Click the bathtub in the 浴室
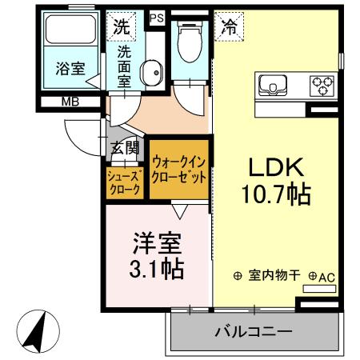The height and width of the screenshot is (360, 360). tap(70, 31)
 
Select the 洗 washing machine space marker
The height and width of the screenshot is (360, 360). tap(120, 26)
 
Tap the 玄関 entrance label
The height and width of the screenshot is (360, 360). tap(126, 146)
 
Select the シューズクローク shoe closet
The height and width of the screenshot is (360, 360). tap(125, 182)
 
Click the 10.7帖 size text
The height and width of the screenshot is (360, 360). tap(273, 194)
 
